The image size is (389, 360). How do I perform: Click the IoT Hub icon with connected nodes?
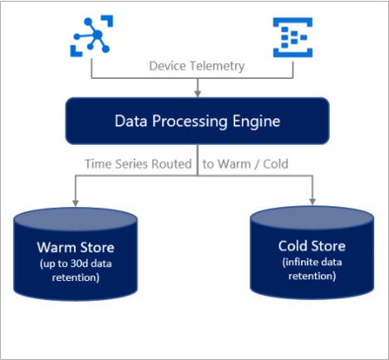pos(91,36)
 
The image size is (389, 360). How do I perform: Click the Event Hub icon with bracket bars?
pos(293,37)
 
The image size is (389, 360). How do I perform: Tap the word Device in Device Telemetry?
pos(167,66)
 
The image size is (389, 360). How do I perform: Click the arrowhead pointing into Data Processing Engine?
pos(198,94)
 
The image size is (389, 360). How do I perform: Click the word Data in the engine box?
pos(130,121)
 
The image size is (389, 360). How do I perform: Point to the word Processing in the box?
pos(190,122)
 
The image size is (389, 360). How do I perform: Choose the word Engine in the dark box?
pos(256,122)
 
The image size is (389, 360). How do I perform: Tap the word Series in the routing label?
pos(131,164)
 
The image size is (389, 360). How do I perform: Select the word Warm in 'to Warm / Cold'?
pos(234,164)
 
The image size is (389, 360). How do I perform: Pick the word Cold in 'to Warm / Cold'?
pos(275,164)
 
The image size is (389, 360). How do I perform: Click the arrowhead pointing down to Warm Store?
pos(76,203)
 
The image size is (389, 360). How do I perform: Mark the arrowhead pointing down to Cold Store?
pos(313,201)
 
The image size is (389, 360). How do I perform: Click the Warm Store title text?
pos(76,247)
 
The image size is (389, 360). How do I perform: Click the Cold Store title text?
pos(312,246)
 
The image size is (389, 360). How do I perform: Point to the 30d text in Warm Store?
pos(79,264)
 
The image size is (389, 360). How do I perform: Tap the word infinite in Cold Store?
pos(299,262)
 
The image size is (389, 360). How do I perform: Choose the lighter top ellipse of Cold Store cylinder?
pos(313,219)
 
